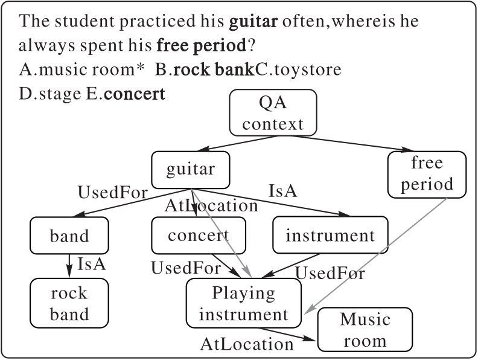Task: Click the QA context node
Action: (273, 113)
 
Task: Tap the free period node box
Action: (427, 173)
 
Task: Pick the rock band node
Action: (69, 303)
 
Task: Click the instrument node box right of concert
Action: (330, 235)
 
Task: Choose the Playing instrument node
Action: (243, 303)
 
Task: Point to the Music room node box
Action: (365, 330)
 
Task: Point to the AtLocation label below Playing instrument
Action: (247, 344)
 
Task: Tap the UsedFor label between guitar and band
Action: (113, 193)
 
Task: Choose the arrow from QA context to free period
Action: (344, 143)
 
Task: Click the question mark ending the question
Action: (250, 47)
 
